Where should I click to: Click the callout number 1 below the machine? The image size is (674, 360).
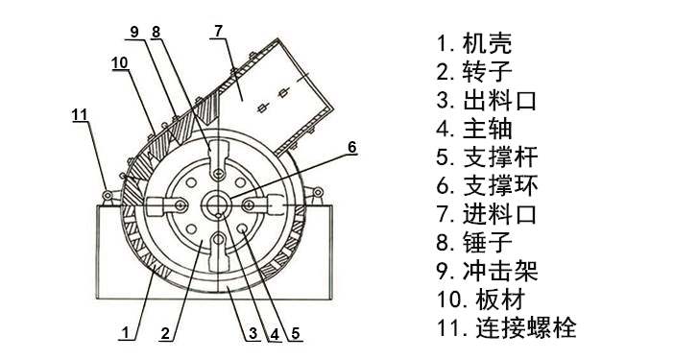[x=125, y=333]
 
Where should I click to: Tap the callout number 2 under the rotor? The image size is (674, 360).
[x=165, y=333]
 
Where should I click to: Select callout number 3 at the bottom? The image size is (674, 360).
[x=252, y=333]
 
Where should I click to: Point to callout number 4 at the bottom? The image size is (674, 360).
[x=274, y=333]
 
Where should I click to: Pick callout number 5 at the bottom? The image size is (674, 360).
[x=297, y=333]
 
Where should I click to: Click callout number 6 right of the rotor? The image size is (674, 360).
[x=351, y=147]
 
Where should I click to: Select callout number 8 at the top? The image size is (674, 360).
[x=156, y=31]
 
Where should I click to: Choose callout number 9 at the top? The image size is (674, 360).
[x=134, y=31]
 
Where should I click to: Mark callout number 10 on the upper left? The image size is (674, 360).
[x=119, y=62]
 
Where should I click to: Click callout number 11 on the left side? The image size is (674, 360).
[x=80, y=115]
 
